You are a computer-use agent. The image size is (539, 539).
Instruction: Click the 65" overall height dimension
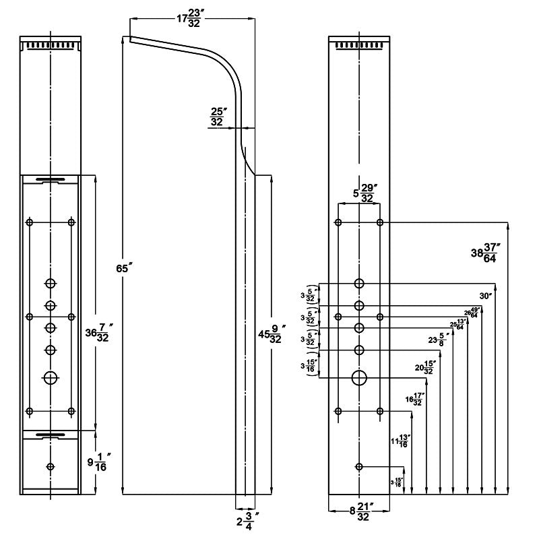[x=122, y=268]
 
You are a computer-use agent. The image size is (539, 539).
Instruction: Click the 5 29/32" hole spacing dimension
[x=360, y=193]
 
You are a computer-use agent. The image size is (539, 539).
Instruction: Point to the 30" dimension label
[x=486, y=295]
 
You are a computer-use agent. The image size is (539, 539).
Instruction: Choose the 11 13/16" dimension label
[x=400, y=441]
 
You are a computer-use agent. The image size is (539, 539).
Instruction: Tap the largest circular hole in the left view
[x=51, y=377]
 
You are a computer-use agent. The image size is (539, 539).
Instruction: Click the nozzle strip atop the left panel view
[x=51, y=45]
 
